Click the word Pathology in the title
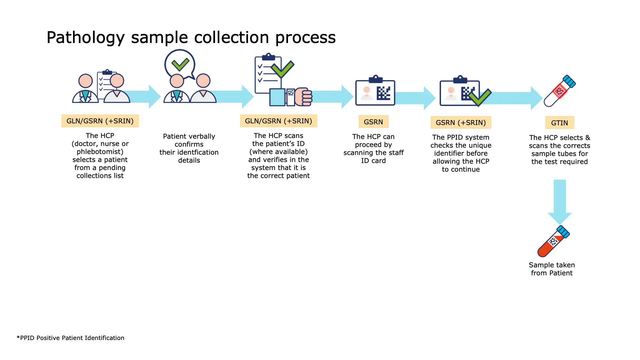85,37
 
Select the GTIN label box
559,123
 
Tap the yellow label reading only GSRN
373,122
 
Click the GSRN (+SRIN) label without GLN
461,123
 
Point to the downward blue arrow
560,202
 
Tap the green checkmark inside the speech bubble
180,64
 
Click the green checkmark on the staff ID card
480,97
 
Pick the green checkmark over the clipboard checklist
282,69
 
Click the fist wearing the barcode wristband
303,97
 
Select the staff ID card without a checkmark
375,92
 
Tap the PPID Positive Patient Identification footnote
70,338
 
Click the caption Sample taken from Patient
552,269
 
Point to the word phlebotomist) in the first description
100,152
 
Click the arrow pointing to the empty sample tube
513,98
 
